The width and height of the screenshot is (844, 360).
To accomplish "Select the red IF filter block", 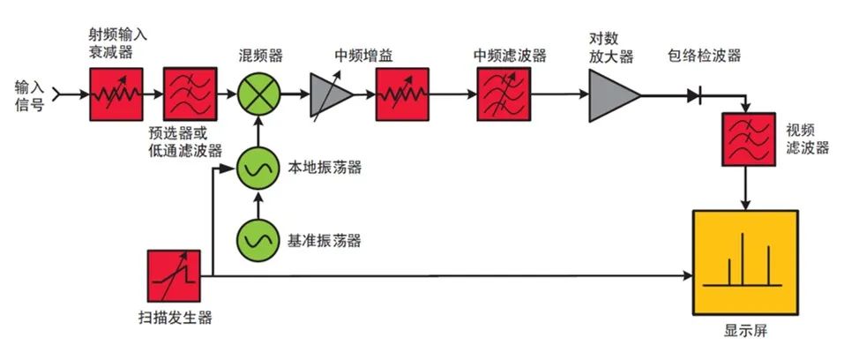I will [502, 93].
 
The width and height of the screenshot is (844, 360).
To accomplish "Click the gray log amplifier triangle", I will [610, 93].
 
